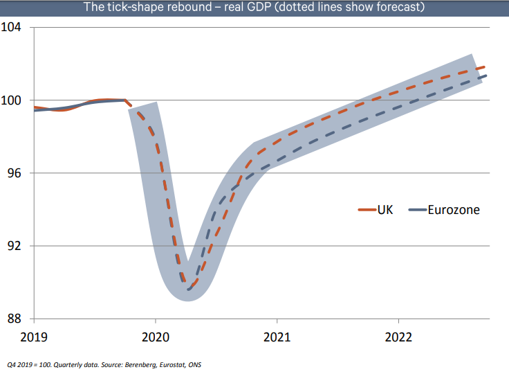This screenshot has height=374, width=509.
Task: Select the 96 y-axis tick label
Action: (x=16, y=173)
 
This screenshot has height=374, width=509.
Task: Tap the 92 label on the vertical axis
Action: (x=16, y=246)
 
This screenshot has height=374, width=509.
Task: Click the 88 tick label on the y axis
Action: (x=16, y=319)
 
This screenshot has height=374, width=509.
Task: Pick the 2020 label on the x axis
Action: (x=155, y=337)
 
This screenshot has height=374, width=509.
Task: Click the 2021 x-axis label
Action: (x=277, y=337)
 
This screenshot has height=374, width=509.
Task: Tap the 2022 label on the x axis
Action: (x=398, y=337)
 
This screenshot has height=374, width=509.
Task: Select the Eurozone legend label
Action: (x=454, y=209)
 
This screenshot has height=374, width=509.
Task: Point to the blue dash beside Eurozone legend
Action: (x=417, y=210)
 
